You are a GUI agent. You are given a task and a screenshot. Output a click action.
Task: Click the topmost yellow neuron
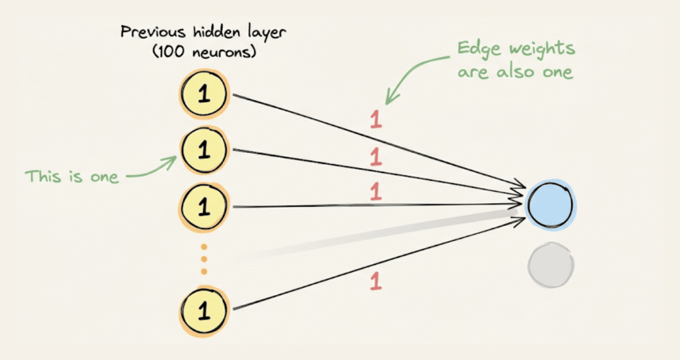(x=203, y=95)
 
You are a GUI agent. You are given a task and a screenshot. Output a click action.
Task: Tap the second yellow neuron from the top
(x=203, y=150)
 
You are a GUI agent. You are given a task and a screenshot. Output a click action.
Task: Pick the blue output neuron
(x=551, y=205)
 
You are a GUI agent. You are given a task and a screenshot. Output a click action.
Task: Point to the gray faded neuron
(x=551, y=266)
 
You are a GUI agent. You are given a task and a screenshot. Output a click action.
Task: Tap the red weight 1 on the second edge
(x=376, y=157)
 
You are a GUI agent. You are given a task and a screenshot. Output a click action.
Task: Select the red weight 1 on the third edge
(x=376, y=191)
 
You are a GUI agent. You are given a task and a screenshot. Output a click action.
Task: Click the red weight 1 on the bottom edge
(x=376, y=281)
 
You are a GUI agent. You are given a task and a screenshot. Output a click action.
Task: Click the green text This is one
(x=72, y=176)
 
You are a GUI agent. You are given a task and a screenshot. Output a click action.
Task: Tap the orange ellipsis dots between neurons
(x=203, y=259)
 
